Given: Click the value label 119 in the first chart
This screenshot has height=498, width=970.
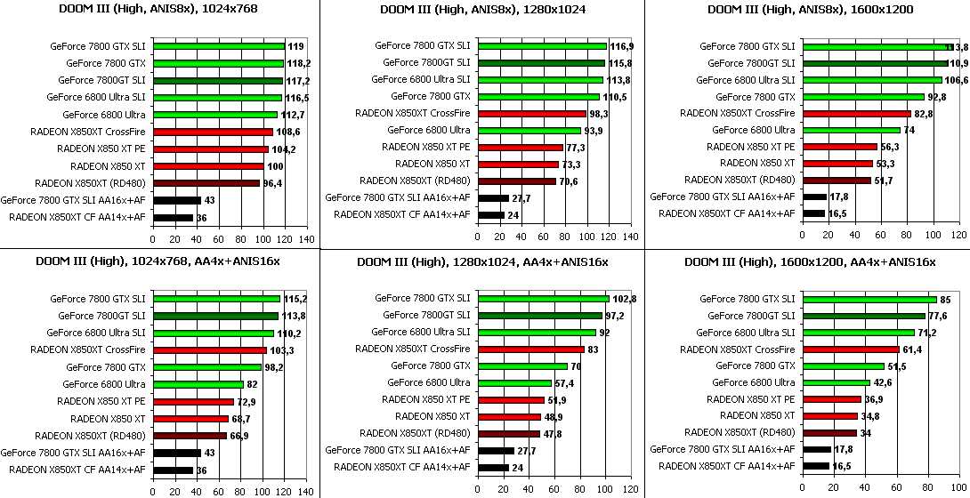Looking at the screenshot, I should click(x=295, y=46).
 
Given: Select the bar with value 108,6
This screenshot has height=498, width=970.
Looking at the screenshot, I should click(x=213, y=132).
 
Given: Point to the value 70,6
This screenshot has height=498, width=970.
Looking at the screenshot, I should click(x=569, y=181).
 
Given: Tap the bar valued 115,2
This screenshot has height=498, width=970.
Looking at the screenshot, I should click(x=216, y=299).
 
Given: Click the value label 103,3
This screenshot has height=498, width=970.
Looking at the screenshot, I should click(x=282, y=350).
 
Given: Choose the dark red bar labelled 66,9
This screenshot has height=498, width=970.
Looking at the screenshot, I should click(x=190, y=436).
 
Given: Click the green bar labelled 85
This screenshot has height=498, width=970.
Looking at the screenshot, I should click(x=869, y=299).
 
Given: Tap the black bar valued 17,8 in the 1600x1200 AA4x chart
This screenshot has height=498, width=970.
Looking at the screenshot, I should click(x=816, y=450).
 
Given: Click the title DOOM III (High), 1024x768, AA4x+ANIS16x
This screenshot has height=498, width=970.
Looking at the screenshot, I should click(x=158, y=261).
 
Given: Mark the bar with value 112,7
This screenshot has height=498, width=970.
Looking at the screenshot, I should click(x=214, y=115).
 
